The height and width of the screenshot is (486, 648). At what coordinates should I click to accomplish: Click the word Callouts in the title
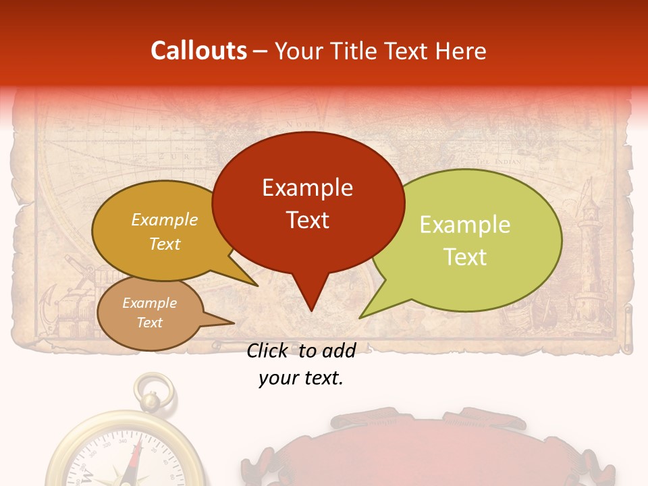[198, 51]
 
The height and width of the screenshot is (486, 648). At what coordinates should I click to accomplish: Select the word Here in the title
[461, 51]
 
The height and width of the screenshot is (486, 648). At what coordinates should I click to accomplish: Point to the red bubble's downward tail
[310, 297]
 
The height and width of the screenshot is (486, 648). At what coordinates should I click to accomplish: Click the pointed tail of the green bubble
[364, 315]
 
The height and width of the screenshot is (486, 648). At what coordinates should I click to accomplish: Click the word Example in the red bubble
[307, 188]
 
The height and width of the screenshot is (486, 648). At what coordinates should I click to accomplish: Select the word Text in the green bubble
[465, 257]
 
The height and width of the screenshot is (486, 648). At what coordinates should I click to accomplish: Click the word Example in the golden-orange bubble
[165, 220]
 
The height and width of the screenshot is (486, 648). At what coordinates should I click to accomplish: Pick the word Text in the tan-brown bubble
[149, 323]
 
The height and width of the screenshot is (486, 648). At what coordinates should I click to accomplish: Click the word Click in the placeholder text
[269, 350]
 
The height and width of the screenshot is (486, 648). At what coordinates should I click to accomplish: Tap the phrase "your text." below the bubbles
[301, 378]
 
